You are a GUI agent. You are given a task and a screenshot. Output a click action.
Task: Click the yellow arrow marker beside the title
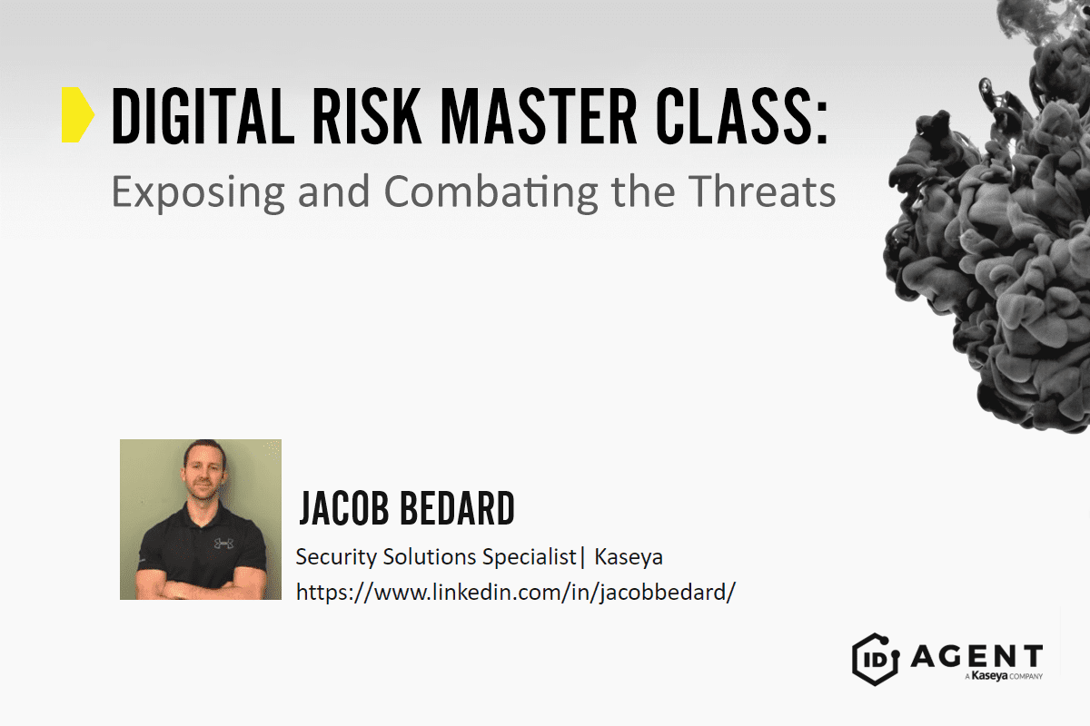point(77,116)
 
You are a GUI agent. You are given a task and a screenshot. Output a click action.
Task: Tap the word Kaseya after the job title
point(629,556)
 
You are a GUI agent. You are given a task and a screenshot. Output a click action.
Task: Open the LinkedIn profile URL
point(515,593)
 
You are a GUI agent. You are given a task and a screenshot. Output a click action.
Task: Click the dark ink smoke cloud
point(990,227)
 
